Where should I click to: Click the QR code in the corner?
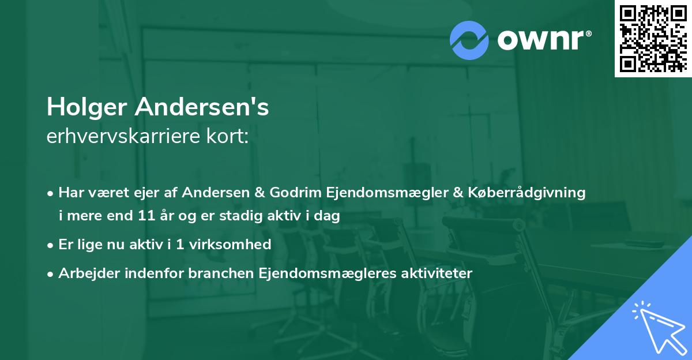652,38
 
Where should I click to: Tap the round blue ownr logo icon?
470,40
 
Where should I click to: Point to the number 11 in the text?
145,216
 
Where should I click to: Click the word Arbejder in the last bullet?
84,273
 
